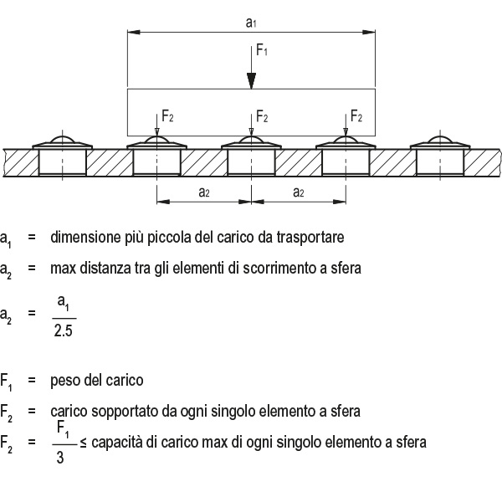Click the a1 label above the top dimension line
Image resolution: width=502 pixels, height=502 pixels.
pos(251,23)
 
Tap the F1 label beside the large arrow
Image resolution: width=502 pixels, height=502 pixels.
pos(262,50)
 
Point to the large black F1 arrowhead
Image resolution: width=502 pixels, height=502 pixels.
pos(251,81)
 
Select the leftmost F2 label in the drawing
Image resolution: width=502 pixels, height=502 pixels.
pos(167,116)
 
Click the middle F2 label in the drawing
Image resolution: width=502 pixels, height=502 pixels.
pos(262,116)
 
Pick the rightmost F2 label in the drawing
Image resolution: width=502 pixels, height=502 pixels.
pos(356,116)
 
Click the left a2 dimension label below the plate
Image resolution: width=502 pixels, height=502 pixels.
pos(204,192)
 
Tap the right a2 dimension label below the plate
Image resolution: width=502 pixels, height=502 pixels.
pos(299,192)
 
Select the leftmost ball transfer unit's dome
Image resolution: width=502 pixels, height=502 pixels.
pos(63,139)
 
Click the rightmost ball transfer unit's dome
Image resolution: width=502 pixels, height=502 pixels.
pos(440,139)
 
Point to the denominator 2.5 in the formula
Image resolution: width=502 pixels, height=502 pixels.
pos(63,330)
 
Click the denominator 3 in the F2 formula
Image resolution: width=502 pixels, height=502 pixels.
pos(60,457)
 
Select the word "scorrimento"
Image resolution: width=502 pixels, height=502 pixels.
pos(279,268)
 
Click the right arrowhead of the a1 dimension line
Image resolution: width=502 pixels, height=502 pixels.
pos(369,32)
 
